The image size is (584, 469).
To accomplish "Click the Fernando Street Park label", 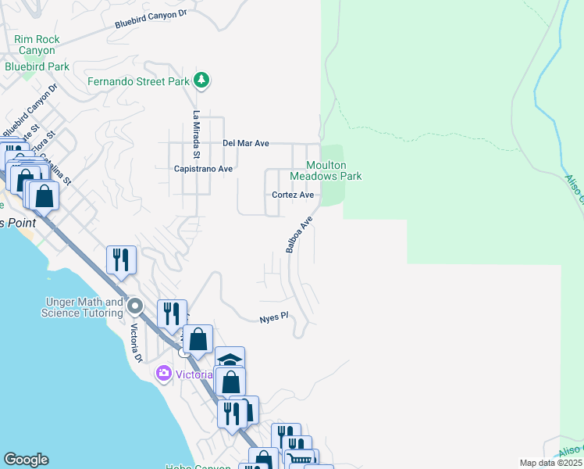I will pyautogui.click(x=138, y=81).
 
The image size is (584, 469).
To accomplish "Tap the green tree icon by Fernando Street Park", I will pyautogui.click(x=201, y=80).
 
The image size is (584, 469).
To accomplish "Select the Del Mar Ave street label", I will pyautogui.click(x=246, y=144).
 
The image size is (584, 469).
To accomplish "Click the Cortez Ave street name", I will pyautogui.click(x=293, y=195).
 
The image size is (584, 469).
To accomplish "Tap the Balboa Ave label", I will pyautogui.click(x=299, y=234).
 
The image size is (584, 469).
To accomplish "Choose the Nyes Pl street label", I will pyautogui.click(x=274, y=318).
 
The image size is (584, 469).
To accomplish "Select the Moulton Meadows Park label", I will pyautogui.click(x=333, y=170).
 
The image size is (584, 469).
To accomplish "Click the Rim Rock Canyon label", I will pyautogui.click(x=37, y=45).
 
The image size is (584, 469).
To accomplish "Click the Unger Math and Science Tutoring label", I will pyautogui.click(x=82, y=307).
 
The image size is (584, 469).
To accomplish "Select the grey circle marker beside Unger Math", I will pyautogui.click(x=134, y=305).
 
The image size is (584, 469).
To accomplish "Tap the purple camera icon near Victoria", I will pyautogui.click(x=164, y=373).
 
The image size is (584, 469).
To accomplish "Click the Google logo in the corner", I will pyautogui.click(x=26, y=460).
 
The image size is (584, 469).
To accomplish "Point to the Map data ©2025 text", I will pyautogui.click(x=550, y=463).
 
